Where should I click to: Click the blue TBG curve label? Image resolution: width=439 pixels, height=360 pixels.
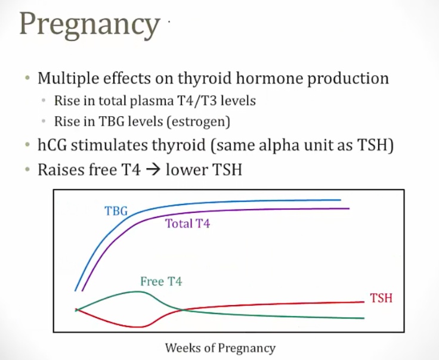click(x=116, y=210)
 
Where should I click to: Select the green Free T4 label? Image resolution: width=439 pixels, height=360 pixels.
click(x=161, y=281)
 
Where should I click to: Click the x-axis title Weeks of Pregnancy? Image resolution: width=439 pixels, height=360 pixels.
click(x=220, y=348)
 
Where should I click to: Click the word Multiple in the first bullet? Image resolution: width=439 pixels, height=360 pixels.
click(x=64, y=78)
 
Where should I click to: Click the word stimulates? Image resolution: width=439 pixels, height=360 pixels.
click(x=113, y=145)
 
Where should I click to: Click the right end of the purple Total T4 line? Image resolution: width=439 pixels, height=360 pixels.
click(x=348, y=209)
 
